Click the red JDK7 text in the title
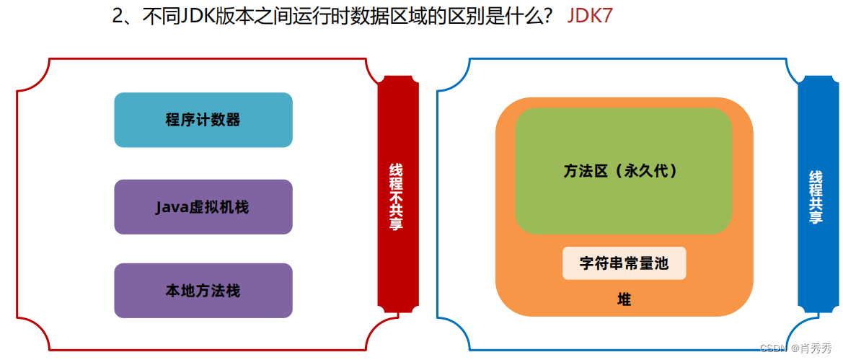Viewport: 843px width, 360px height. click(x=590, y=16)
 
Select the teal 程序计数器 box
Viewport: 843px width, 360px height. click(x=203, y=120)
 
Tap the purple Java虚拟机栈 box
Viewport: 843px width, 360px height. click(x=203, y=207)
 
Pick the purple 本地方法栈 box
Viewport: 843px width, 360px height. click(x=203, y=291)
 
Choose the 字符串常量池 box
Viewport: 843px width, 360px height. click(x=624, y=263)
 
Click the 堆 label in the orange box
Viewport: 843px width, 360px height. click(x=624, y=299)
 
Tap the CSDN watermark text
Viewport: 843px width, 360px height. click(x=774, y=348)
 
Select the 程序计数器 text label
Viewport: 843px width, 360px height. click(x=203, y=120)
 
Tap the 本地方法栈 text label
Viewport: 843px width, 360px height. click(x=203, y=291)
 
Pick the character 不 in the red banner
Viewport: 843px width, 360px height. click(x=397, y=197)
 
